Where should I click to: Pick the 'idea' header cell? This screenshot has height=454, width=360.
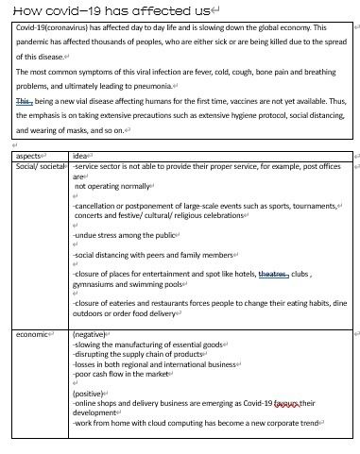(x=81, y=156)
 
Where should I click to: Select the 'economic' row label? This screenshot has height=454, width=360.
(x=33, y=334)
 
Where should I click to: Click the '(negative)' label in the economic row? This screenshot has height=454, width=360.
(x=90, y=334)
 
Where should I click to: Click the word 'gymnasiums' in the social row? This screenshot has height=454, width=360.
(x=98, y=283)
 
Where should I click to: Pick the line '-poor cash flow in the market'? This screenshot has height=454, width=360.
(x=120, y=374)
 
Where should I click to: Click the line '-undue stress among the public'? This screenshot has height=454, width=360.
(x=125, y=235)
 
